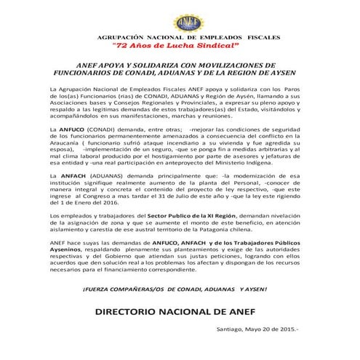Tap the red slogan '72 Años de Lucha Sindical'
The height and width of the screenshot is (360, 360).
click(180, 45)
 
